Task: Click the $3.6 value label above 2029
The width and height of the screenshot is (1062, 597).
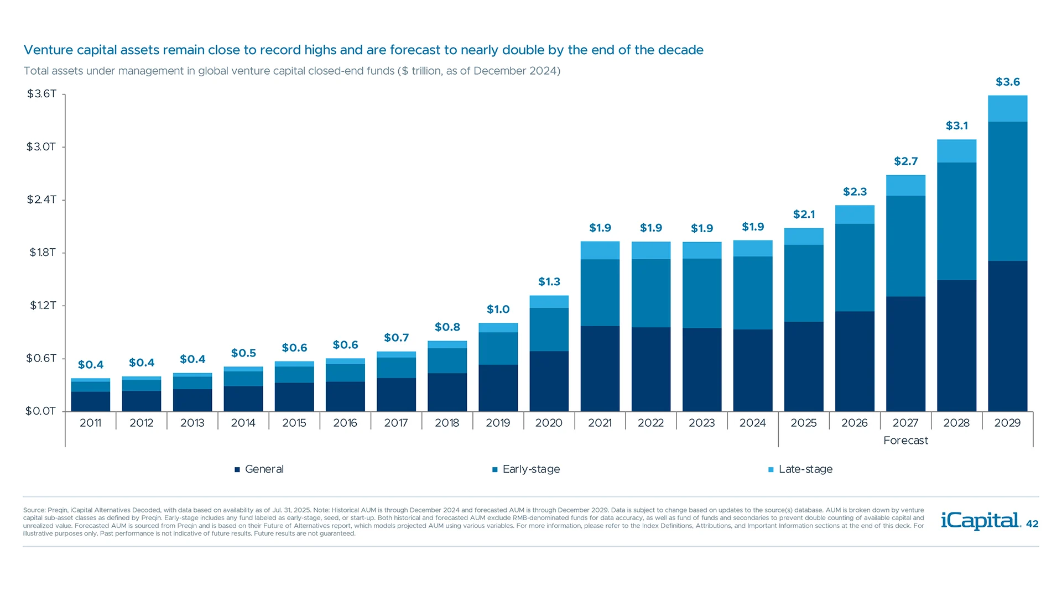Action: [1007, 82]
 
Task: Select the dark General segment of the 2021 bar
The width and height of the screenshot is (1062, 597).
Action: [600, 368]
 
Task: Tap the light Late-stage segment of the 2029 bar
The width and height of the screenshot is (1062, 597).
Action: [1007, 108]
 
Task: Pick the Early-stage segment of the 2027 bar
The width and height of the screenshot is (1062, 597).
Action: [905, 246]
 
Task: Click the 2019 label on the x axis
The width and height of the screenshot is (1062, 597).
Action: [498, 423]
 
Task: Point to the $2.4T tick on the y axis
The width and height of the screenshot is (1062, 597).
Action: [41, 200]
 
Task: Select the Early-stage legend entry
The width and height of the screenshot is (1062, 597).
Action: [526, 469]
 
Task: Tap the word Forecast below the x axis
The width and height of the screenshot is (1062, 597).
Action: [905, 441]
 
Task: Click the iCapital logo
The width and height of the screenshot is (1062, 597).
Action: [980, 521]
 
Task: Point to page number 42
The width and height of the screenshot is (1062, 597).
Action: [1032, 524]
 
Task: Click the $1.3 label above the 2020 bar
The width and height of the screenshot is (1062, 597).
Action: [549, 282]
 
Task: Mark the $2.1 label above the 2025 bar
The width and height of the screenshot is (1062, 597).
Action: [804, 214]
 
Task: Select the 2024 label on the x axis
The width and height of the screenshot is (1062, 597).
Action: [752, 423]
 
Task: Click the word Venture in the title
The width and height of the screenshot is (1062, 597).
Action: [48, 50]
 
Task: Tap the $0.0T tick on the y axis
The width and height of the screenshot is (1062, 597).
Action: [40, 411]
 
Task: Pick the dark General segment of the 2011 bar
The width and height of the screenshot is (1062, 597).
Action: [91, 401]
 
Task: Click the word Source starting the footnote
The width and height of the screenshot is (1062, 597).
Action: [34, 510]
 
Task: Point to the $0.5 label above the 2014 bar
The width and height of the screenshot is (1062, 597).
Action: [243, 353]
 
